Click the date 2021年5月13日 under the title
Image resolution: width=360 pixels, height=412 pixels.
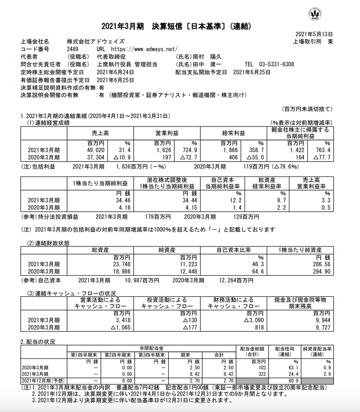314,34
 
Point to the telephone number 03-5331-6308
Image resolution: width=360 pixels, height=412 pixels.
276,65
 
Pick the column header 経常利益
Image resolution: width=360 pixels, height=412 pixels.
233,133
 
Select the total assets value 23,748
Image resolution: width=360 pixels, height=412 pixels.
121,264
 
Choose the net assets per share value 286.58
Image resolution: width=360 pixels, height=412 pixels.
321,264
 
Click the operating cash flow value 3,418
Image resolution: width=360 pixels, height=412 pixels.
123,320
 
